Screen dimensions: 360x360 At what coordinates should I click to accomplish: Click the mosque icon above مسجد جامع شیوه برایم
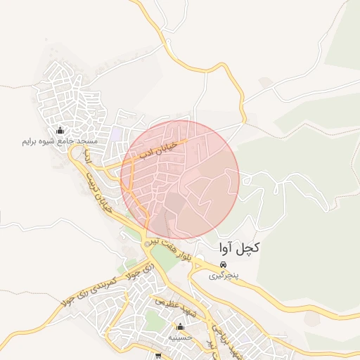60,130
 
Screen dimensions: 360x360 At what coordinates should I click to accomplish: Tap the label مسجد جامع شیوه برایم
60,141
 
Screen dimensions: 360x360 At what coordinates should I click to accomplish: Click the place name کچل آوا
238,247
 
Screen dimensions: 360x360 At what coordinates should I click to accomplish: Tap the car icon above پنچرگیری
223,265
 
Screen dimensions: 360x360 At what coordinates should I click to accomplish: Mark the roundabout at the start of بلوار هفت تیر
147,243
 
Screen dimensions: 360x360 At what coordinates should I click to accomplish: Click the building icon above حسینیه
181,326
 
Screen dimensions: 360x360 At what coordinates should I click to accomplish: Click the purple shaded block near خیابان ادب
115,132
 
